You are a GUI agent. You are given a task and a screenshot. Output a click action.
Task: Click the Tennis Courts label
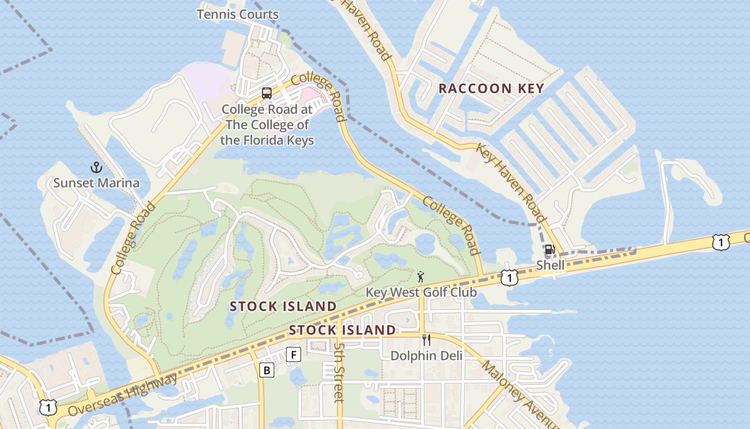click(x=237, y=14)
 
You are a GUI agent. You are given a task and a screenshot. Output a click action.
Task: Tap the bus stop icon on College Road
click(x=267, y=93)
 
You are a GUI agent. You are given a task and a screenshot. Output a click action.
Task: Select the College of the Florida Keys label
click(x=267, y=125)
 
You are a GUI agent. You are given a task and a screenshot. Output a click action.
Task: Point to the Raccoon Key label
click(x=491, y=88)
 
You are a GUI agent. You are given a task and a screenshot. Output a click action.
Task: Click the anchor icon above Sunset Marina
click(x=96, y=167)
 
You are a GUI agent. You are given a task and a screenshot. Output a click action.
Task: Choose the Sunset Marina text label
click(x=96, y=183)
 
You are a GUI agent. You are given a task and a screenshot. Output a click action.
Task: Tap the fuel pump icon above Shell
click(x=550, y=249)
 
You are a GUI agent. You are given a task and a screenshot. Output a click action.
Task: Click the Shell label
click(x=550, y=265)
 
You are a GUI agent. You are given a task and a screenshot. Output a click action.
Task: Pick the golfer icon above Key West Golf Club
click(x=421, y=277)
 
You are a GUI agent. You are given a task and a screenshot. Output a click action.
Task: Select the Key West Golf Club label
click(x=421, y=292)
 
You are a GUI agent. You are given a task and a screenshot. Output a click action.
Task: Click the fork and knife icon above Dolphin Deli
click(x=426, y=340)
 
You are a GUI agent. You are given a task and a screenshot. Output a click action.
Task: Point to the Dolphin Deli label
click(x=426, y=356)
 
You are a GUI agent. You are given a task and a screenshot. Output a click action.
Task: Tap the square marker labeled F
click(x=293, y=354)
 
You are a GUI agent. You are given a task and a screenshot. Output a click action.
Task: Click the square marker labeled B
click(x=267, y=369)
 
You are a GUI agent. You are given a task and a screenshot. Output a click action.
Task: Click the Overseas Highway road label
click(x=123, y=394)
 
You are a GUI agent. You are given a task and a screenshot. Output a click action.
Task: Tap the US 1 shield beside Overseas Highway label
click(x=48, y=407)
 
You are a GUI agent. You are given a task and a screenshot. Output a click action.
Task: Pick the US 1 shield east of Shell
click(x=721, y=242)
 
